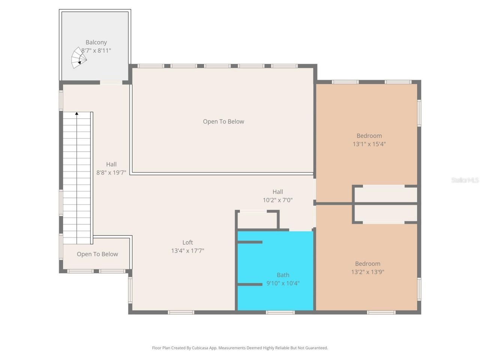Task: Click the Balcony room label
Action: point(96,42)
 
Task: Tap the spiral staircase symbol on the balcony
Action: point(79,58)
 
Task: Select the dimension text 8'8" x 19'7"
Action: point(111,172)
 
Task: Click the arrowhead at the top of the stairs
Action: point(77,113)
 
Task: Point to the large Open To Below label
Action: point(223,121)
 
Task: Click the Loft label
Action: point(187,242)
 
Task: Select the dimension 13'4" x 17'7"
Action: point(187,251)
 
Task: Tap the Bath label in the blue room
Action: point(283,275)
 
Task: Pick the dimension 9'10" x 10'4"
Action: point(283,283)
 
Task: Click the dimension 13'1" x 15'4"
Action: point(369,144)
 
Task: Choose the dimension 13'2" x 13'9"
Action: point(367,272)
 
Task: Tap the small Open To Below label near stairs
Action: point(97,254)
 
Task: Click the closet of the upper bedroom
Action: point(385,195)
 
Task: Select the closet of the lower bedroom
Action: point(385,213)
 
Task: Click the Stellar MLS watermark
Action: point(465,180)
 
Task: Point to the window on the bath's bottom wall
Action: point(280,312)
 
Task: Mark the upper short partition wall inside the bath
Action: point(250,242)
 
